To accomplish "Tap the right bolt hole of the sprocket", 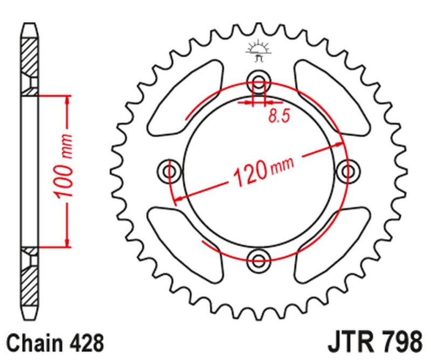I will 347,171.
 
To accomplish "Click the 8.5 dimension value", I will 277,116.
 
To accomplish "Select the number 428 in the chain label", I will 84,342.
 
